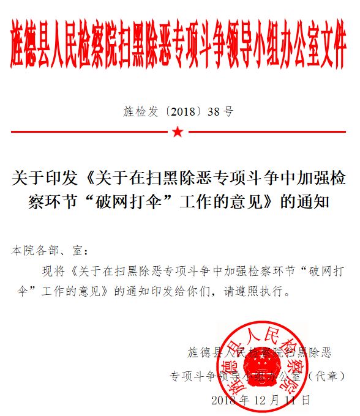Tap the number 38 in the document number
(213, 111)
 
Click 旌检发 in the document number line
(143, 111)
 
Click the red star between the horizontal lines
(178, 132)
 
